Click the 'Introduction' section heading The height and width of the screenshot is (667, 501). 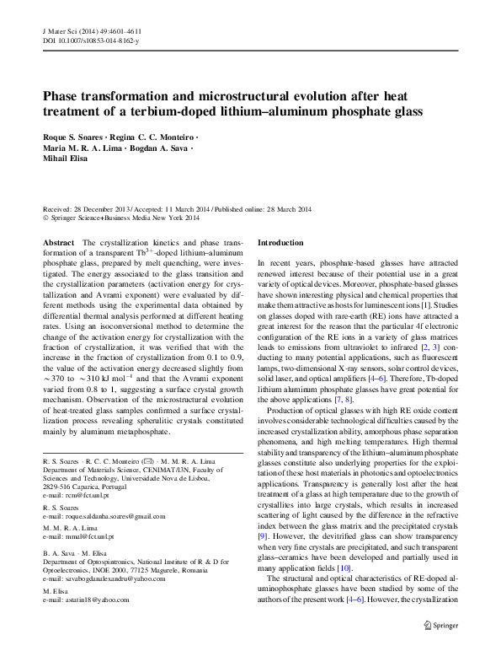[280, 242]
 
